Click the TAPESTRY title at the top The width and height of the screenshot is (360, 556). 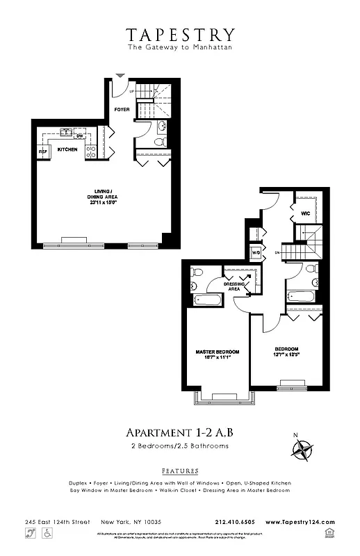[180, 34]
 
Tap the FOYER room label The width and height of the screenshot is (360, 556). [122, 109]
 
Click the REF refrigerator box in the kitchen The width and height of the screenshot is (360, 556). [42, 151]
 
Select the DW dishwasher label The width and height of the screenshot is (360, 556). [80, 136]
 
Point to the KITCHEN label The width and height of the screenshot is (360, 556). [67, 149]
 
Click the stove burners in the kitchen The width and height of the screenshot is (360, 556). [90, 151]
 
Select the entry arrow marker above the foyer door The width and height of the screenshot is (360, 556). [120, 74]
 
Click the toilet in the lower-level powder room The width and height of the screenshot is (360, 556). [160, 141]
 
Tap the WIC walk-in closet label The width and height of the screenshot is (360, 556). [305, 213]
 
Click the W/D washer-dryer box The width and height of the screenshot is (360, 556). [255, 252]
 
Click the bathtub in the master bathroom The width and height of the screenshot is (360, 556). [208, 300]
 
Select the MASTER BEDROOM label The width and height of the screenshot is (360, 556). [217, 352]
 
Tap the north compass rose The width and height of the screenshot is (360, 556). [301, 452]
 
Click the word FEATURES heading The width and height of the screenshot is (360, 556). [179, 471]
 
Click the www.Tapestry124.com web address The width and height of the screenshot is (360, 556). [300, 522]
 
